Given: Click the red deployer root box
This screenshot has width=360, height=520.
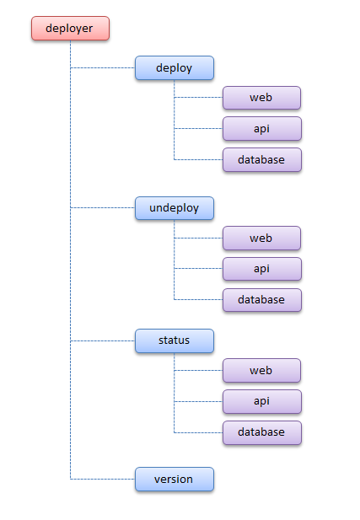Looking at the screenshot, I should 70,29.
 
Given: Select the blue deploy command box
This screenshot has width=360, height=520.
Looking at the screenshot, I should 175,68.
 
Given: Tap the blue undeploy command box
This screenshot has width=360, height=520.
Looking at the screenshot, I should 175,208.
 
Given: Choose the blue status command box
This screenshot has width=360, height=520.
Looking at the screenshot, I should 175,340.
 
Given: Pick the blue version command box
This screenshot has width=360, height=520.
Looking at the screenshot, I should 175,480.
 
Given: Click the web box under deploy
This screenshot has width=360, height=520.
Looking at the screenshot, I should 261,98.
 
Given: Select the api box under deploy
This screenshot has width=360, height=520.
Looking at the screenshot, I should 261,128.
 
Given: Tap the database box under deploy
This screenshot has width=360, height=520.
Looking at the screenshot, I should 261,159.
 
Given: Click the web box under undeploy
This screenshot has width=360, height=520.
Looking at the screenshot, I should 261,238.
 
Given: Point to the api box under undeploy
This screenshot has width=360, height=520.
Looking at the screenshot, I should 261,269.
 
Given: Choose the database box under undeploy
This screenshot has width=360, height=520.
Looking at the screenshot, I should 261,299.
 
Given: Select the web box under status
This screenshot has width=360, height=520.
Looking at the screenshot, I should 261,371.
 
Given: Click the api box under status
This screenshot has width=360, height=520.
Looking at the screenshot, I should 261,401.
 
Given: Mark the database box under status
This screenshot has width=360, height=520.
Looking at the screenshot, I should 261,432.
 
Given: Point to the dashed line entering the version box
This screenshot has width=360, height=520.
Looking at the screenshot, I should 103,480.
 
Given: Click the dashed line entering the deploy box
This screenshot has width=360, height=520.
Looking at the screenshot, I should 103,67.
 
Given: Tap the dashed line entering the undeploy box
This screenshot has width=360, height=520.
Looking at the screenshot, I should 103,207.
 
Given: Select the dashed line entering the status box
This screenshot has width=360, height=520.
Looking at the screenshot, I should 103,340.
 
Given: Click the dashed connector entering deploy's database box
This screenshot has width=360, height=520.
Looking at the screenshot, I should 198,159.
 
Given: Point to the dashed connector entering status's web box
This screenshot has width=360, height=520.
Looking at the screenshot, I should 198,371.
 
